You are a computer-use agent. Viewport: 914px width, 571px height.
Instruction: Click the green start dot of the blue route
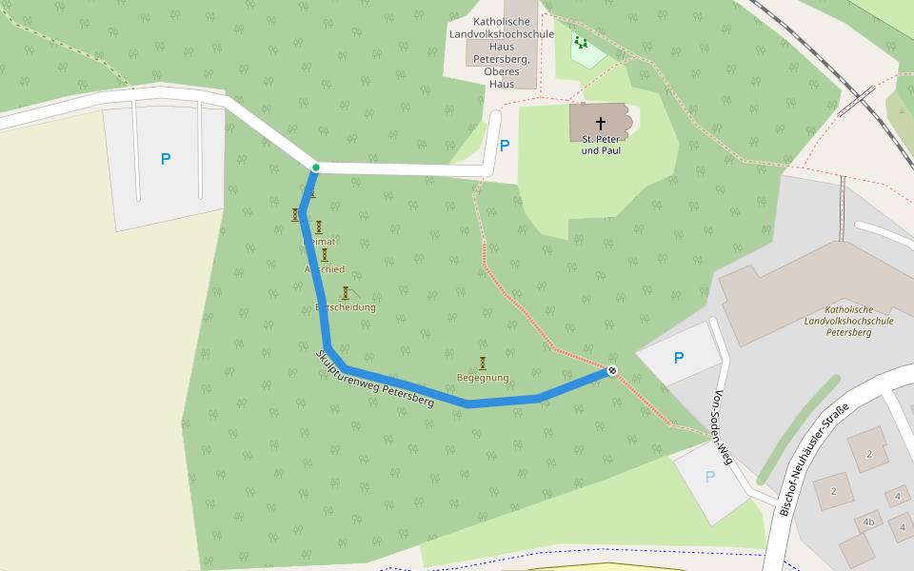click(315, 167)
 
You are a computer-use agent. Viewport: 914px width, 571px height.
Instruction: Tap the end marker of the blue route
click(612, 370)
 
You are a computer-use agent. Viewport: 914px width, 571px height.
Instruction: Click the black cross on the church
click(601, 124)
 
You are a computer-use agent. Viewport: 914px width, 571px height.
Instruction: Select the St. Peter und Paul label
click(601, 145)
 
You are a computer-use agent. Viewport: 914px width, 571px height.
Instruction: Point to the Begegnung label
click(483, 378)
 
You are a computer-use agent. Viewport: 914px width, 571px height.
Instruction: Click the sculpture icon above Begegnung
click(483, 363)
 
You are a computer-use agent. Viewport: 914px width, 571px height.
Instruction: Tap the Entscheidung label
click(346, 307)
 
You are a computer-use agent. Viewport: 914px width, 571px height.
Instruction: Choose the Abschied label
click(325, 269)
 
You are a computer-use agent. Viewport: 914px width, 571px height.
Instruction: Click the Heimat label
click(320, 242)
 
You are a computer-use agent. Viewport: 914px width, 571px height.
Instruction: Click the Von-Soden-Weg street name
click(724, 419)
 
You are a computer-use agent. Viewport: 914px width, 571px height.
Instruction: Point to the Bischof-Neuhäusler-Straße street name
click(813, 458)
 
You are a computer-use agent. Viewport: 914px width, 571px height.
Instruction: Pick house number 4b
click(867, 522)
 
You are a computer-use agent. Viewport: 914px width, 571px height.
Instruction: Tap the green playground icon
click(580, 42)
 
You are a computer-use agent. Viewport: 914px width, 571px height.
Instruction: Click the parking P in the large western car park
click(166, 159)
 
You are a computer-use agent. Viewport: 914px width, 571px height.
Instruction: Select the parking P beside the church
click(505, 146)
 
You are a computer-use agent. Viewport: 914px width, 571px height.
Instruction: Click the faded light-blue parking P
click(709, 477)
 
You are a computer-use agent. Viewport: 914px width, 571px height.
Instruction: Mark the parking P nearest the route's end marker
click(679, 358)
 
